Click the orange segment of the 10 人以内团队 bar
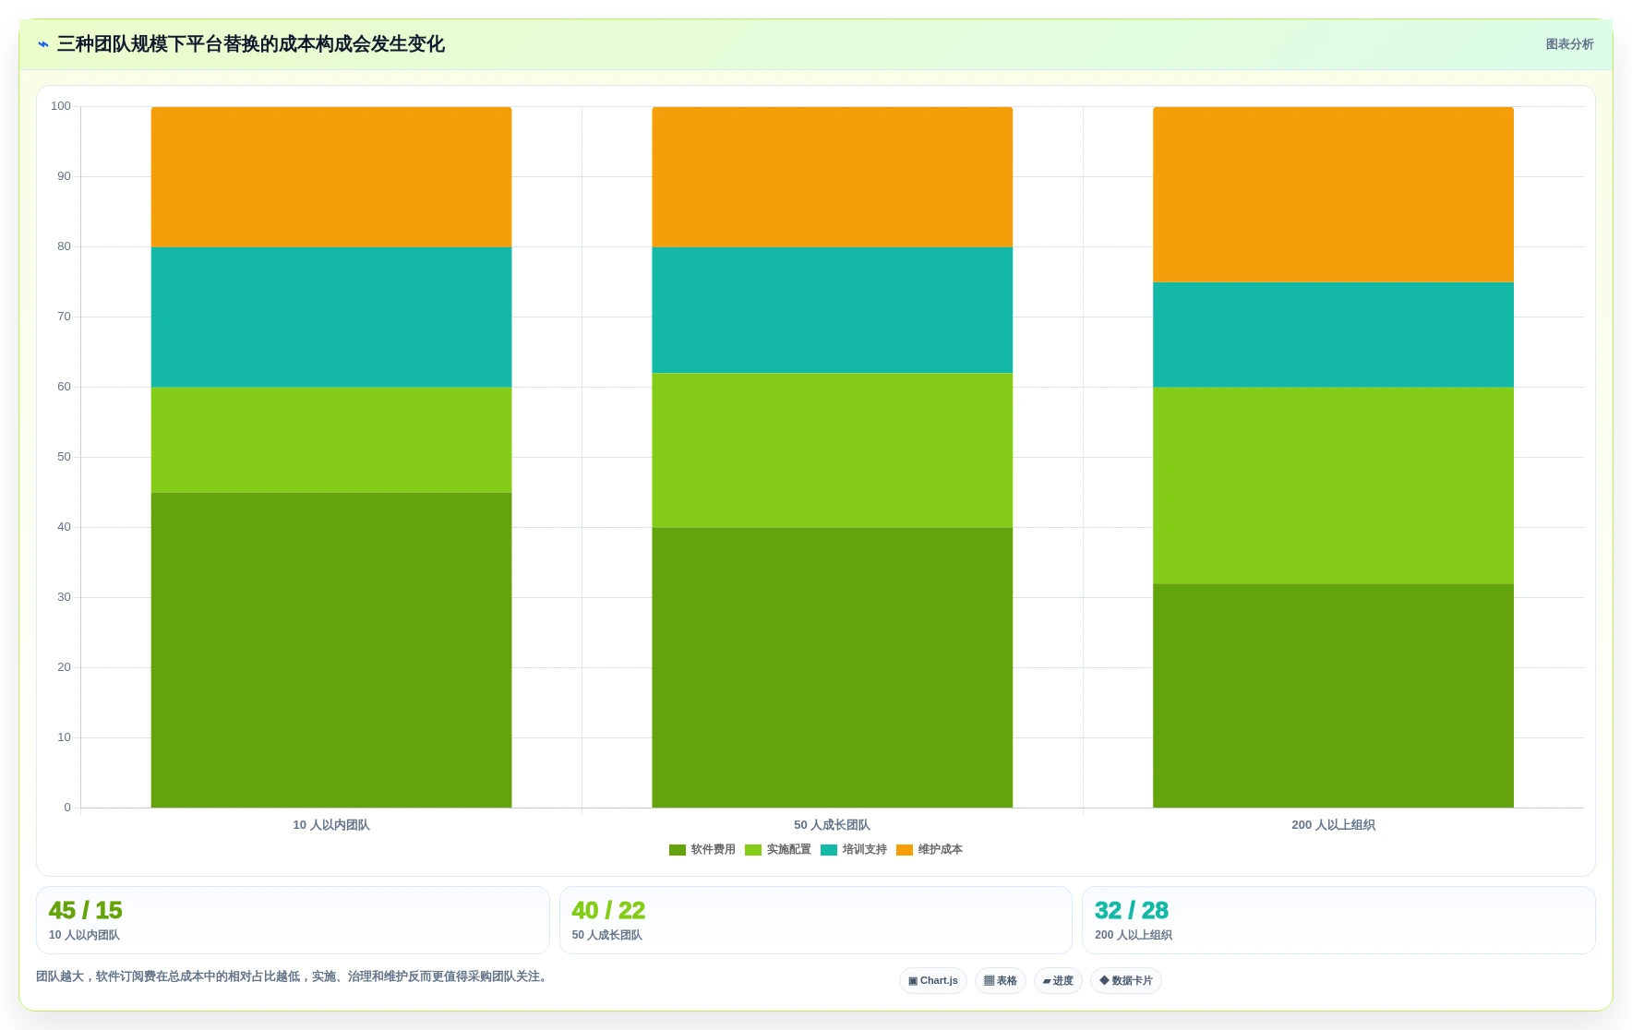point(331,177)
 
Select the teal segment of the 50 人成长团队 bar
point(833,310)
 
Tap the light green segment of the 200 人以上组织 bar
point(1333,485)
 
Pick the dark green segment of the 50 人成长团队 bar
point(833,667)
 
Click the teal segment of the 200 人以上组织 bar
point(1333,335)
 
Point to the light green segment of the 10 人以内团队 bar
point(331,440)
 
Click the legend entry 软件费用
point(702,850)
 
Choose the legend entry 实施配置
point(778,850)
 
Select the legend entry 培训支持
point(854,850)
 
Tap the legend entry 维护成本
point(930,850)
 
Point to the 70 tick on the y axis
point(64,317)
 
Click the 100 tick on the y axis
point(61,106)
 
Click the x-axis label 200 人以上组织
point(1333,825)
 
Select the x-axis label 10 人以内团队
point(331,825)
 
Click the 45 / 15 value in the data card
point(86,910)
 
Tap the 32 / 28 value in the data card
point(1132,910)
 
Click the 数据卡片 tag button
point(1126,980)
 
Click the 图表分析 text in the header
point(1569,44)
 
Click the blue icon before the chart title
point(43,44)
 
